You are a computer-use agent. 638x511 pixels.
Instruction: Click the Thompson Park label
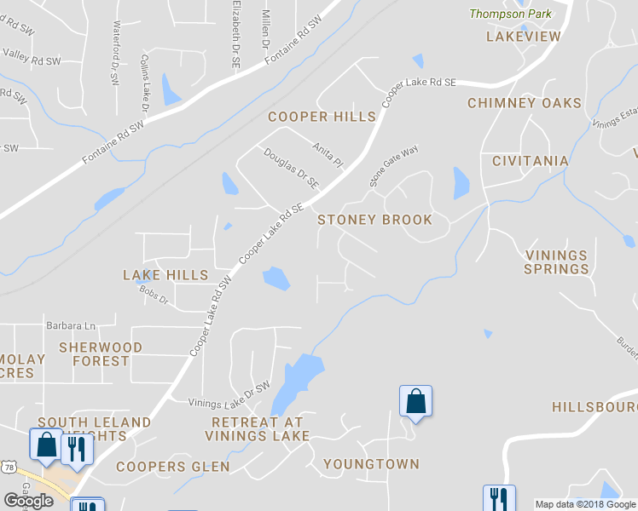[510, 14]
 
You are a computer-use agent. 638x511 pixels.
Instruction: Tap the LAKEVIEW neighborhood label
[524, 37]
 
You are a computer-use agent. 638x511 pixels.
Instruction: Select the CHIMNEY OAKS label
[525, 103]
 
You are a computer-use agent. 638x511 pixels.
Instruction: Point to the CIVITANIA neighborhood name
[531, 161]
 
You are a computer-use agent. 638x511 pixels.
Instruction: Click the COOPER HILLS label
[322, 117]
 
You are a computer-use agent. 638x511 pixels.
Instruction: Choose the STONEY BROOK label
[375, 220]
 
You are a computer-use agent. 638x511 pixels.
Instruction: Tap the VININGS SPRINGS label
[557, 262]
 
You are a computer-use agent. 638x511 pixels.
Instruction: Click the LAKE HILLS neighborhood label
[165, 275]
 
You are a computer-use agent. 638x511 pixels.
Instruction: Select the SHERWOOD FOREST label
[101, 354]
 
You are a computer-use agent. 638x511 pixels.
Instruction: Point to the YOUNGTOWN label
[371, 464]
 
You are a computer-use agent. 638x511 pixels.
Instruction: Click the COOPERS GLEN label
[173, 467]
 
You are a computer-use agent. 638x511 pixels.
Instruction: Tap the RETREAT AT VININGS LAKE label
[257, 429]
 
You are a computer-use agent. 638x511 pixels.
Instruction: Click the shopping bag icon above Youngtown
[415, 401]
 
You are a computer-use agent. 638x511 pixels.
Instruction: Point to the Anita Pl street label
[327, 155]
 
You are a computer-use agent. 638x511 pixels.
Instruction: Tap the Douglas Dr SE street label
[291, 169]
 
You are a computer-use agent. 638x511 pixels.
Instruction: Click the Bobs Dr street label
[154, 296]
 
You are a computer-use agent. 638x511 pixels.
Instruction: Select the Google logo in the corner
[29, 501]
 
